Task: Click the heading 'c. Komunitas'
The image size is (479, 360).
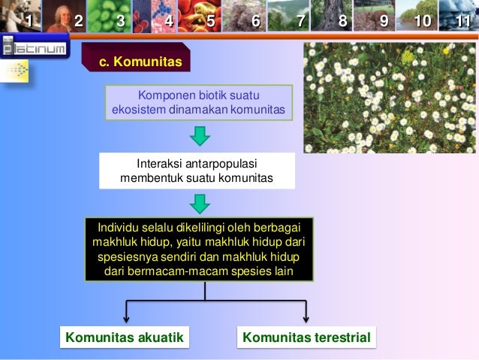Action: [x=141, y=62]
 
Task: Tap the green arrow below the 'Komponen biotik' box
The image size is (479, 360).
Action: [x=199, y=136]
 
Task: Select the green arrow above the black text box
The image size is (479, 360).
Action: [x=199, y=203]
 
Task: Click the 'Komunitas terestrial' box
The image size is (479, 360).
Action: [x=306, y=338]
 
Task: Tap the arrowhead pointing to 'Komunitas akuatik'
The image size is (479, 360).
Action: [x=127, y=319]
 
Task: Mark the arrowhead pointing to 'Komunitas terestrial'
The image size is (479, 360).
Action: [x=306, y=319]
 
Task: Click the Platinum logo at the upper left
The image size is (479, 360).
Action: [x=33, y=50]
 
